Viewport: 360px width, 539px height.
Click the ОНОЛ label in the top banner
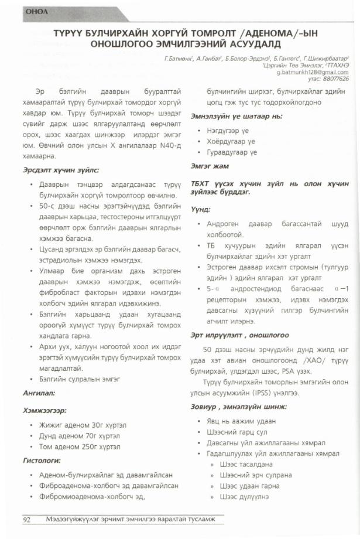(29, 10)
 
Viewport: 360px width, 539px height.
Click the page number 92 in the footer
(27, 520)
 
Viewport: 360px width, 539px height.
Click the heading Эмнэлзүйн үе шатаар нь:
(234, 117)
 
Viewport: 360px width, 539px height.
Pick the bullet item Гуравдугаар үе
(231, 152)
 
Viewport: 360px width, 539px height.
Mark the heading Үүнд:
(201, 209)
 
